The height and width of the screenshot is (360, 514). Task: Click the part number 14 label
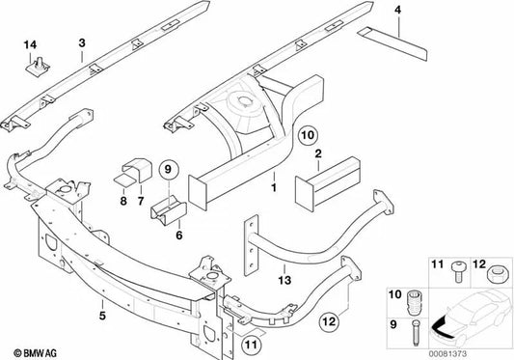pyautogui.click(x=29, y=45)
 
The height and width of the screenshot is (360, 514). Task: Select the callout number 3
pyautogui.click(x=81, y=42)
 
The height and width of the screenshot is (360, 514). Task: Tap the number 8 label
pyautogui.click(x=123, y=204)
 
